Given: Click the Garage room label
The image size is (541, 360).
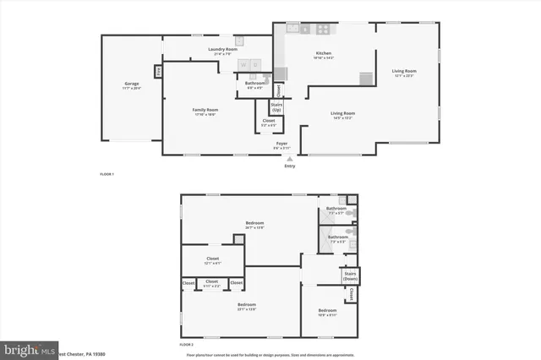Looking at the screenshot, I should click(132, 85).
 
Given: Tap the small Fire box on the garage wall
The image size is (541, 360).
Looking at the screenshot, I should click(157, 71).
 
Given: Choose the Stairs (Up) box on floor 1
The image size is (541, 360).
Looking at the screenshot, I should click(276, 107).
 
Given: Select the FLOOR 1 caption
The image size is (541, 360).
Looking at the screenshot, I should click(107, 174).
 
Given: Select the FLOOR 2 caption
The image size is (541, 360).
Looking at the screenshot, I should click(187, 345).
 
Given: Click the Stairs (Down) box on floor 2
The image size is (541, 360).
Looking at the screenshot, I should click(348, 277).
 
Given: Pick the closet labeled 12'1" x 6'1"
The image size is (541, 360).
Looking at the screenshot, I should click(212, 261).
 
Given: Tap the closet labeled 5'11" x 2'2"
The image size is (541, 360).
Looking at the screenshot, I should click(211, 283).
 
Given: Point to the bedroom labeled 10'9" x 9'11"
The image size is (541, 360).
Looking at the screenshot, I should click(326, 313).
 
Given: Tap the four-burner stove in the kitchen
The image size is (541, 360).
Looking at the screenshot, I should click(323, 29).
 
